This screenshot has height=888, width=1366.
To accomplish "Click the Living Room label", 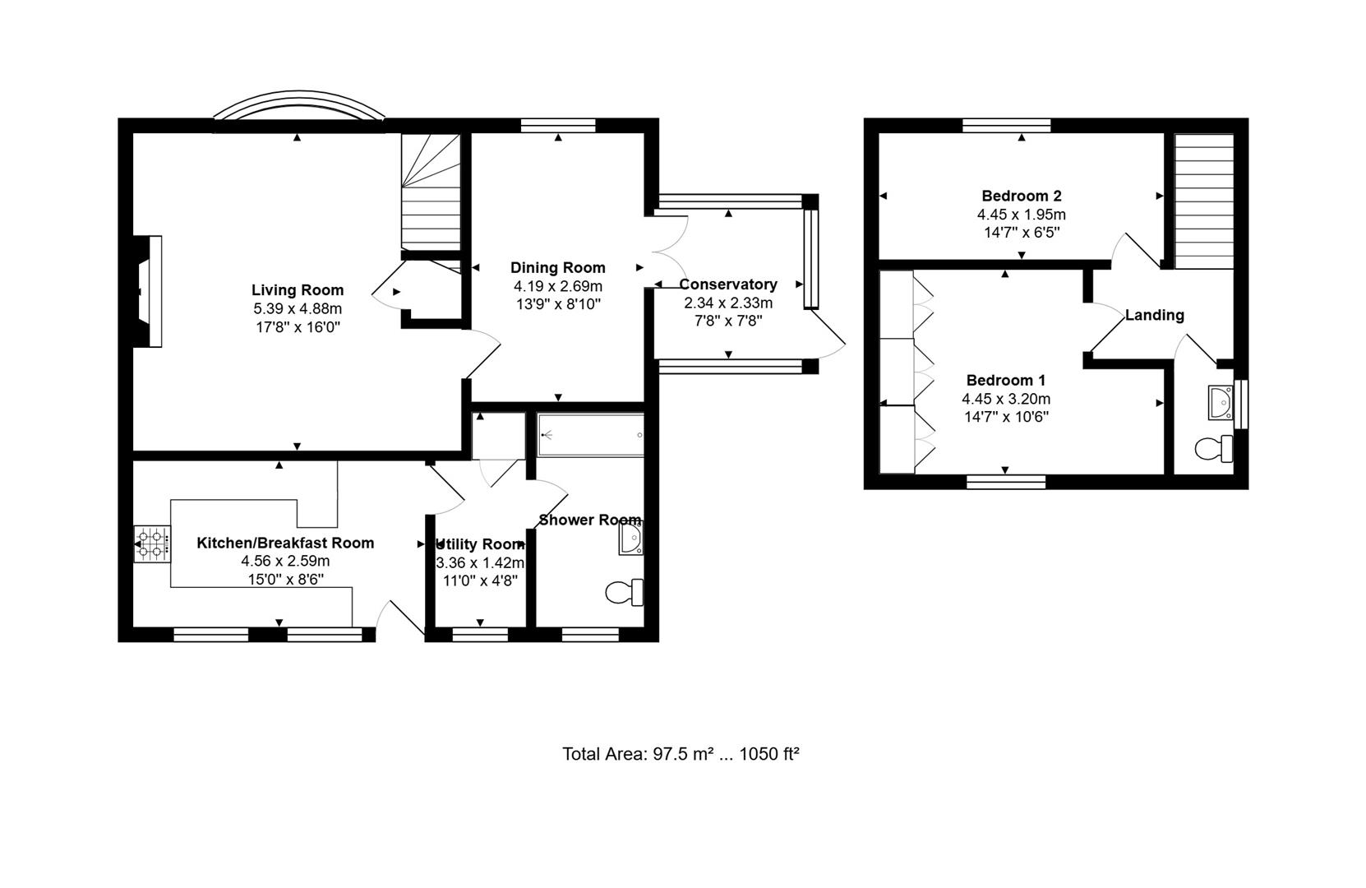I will coord(297,290).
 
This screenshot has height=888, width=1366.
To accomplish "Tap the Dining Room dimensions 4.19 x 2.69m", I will coord(557,286).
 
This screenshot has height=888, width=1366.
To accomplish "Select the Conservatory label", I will coord(727,284).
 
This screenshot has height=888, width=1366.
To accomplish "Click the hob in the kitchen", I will coord(152,544).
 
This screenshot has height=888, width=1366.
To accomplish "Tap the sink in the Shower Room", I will coord(630,539).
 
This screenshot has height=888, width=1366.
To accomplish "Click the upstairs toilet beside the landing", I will coord(1213,449).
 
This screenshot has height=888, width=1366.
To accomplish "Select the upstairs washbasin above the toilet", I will coord(1221,403).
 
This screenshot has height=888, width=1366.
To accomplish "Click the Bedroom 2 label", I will coord(1021,196).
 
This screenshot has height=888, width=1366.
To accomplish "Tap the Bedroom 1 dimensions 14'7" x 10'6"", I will coord(1005,417).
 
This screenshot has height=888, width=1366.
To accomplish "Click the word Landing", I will coord(1154,315).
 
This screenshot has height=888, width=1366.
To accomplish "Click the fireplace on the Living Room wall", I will coord(150,291).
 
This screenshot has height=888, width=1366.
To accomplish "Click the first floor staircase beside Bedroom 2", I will coord(1203,201).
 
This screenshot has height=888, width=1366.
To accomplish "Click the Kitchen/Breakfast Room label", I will coord(284,543).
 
